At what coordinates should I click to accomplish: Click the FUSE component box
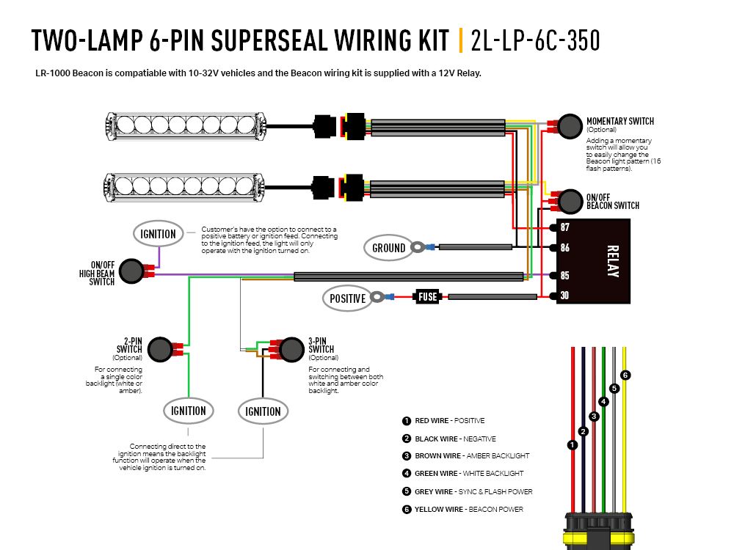[428, 297]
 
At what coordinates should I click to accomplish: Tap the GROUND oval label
[389, 248]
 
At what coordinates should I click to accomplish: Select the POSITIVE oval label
[347, 298]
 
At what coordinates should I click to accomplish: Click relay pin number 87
[564, 227]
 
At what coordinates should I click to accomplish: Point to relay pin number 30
[564, 296]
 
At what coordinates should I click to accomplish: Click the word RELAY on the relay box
[613, 262]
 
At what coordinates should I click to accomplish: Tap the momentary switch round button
[569, 126]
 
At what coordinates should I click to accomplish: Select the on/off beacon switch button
[570, 201]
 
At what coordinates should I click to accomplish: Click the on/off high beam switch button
[131, 271]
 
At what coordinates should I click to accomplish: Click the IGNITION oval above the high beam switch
[159, 234]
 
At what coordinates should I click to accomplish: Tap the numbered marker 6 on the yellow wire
[625, 375]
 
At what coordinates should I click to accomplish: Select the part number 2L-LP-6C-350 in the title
[535, 41]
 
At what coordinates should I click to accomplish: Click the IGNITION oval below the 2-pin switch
[189, 411]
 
